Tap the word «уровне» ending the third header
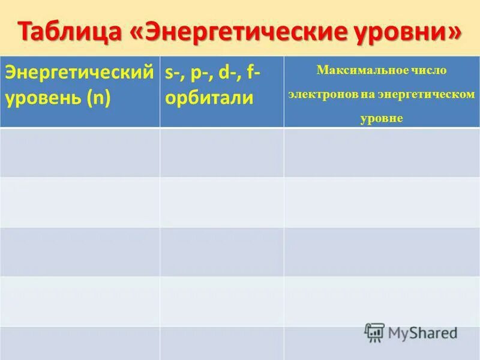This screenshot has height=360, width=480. click(x=382, y=118)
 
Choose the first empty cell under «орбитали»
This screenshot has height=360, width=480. click(x=222, y=152)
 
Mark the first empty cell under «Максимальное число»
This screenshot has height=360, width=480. click(x=382, y=152)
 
